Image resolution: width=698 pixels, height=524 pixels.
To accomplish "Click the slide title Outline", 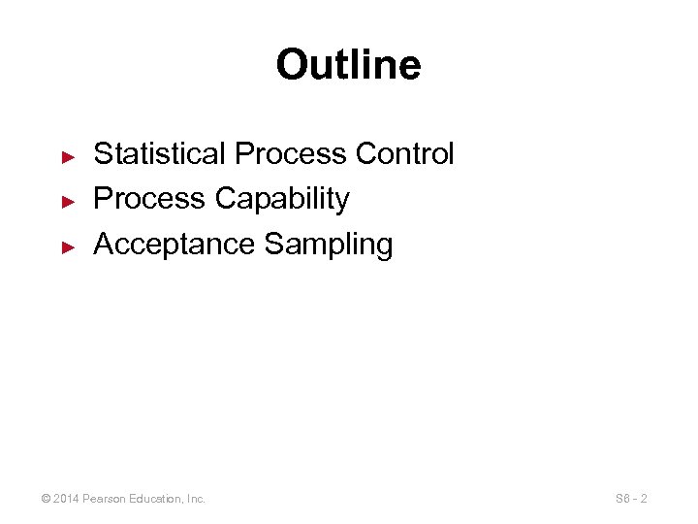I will pos(348,66).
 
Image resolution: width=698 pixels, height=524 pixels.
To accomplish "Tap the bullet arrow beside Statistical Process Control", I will pos(68,155).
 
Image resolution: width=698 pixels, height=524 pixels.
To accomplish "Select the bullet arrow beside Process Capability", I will pos(68,201).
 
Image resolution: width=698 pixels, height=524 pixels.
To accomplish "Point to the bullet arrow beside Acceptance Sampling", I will pos(68,246).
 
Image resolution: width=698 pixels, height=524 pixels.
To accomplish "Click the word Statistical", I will pos(160,153).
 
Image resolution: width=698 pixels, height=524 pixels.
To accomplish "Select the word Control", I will pos(405,153).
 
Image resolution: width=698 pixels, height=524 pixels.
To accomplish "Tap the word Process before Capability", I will pos(149,199).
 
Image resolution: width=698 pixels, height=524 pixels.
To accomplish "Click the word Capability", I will pos(282,199).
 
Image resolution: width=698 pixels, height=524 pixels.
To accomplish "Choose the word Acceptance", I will pos(174,245).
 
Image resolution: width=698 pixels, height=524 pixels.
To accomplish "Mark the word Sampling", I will pos(328,245).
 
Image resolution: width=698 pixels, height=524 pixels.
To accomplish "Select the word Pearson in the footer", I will pos(107,499).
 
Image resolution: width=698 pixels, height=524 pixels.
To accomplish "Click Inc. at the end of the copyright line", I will pos(195,499).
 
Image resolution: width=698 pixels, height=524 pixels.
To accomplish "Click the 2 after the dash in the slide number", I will pos(645,499).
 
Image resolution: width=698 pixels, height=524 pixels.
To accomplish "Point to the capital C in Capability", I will pos(226,199).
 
